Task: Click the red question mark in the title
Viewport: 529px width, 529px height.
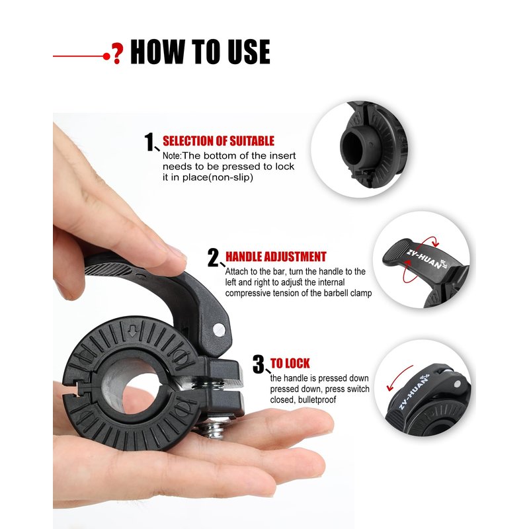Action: tap(117, 54)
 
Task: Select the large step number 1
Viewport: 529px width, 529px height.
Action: tap(149, 142)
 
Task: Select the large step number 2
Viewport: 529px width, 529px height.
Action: tap(213, 258)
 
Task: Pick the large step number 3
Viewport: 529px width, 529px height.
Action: tap(259, 364)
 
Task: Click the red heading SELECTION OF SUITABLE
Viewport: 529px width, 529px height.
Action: tap(218, 141)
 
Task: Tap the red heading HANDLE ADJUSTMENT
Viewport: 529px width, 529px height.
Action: tap(276, 257)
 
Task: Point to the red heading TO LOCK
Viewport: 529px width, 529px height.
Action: tap(290, 363)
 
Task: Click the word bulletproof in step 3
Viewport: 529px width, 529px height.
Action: tap(317, 400)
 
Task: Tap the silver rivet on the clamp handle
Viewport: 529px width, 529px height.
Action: tap(220, 329)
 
